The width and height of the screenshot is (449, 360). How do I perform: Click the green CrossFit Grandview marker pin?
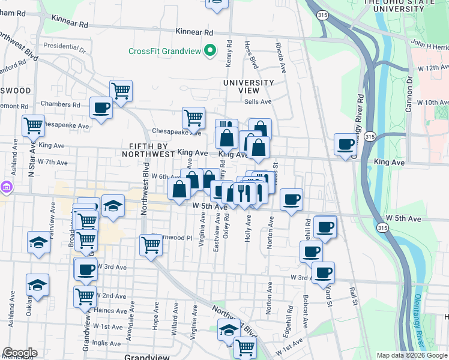(x=209, y=51)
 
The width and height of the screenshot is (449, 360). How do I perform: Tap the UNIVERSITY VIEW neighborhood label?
(x=249, y=86)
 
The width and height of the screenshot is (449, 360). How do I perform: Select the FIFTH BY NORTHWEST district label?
(x=151, y=150)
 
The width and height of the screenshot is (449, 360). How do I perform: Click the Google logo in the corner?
(x=20, y=353)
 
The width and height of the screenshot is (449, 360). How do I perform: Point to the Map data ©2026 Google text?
(x=412, y=355)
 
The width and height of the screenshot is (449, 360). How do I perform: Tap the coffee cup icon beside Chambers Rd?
(x=101, y=108)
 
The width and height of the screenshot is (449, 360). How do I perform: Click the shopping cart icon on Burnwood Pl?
(x=151, y=244)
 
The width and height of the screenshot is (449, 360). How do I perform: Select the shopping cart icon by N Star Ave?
(x=33, y=125)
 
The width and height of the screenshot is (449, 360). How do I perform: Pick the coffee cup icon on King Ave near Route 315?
(x=345, y=144)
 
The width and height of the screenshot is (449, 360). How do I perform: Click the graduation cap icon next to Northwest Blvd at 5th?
(x=112, y=205)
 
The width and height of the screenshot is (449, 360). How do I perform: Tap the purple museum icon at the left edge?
(x=6, y=187)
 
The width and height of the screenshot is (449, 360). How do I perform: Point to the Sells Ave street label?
(x=258, y=102)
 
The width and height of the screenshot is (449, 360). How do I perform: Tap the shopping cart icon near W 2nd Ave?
(x=85, y=295)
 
